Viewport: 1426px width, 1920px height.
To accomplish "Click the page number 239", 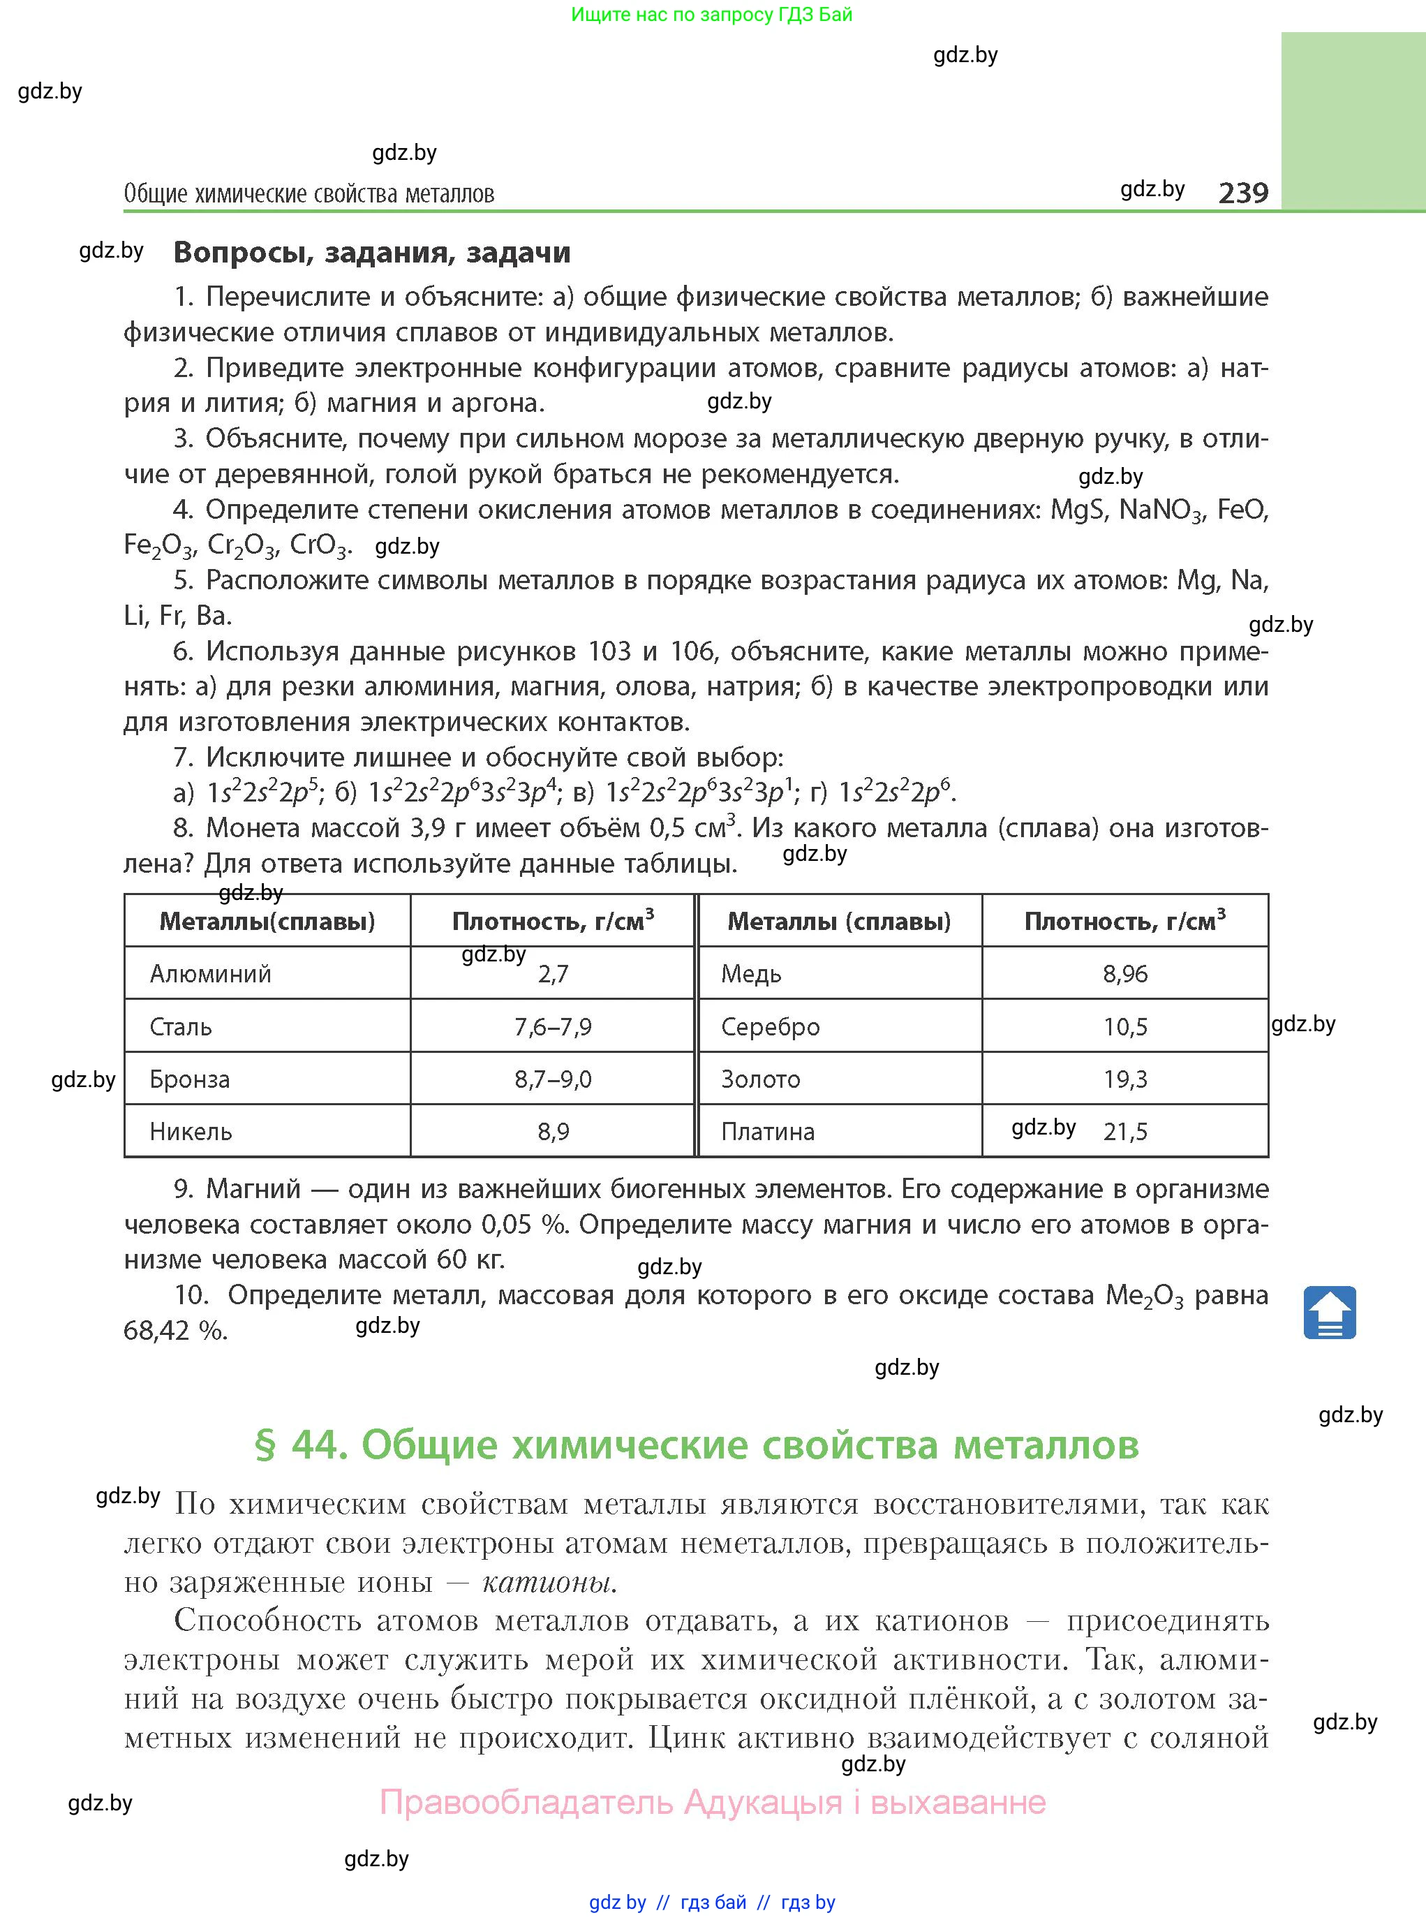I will point(1243,192).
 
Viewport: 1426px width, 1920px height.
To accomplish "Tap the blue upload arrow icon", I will point(1329,1312).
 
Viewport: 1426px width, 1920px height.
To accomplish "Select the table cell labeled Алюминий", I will point(211,974).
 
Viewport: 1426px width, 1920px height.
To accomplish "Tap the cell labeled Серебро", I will point(770,1026).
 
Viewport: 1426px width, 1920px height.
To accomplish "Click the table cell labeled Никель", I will point(191,1131).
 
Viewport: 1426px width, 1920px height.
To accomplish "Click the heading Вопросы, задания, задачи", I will point(372,252).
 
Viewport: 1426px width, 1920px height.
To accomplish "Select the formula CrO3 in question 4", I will point(320,545).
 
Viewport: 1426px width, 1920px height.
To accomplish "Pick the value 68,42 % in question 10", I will point(175,1330).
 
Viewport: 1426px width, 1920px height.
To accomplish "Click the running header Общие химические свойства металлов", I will point(309,193).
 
